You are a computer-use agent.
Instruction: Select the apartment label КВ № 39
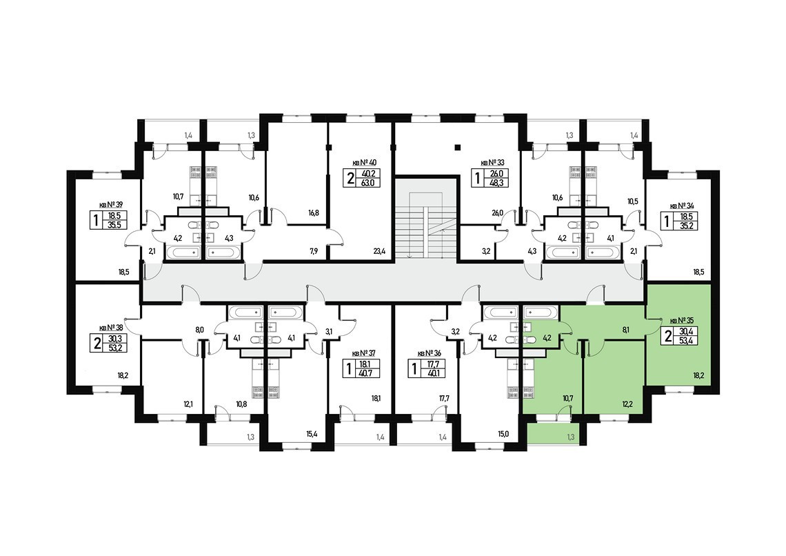pyautogui.click(x=110, y=205)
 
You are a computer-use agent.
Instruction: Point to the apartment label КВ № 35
pyautogui.click(x=683, y=321)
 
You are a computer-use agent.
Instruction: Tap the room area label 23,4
pyautogui.click(x=378, y=252)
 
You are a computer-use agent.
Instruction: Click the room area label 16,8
pyautogui.click(x=313, y=214)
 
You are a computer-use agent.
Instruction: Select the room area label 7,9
pyautogui.click(x=313, y=252)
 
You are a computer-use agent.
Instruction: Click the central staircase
pyautogui.click(x=426, y=219)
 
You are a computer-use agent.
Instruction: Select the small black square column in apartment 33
pyautogui.click(x=456, y=146)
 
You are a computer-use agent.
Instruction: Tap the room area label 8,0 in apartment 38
pyautogui.click(x=200, y=330)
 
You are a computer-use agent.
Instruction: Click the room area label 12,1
pyautogui.click(x=187, y=404)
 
